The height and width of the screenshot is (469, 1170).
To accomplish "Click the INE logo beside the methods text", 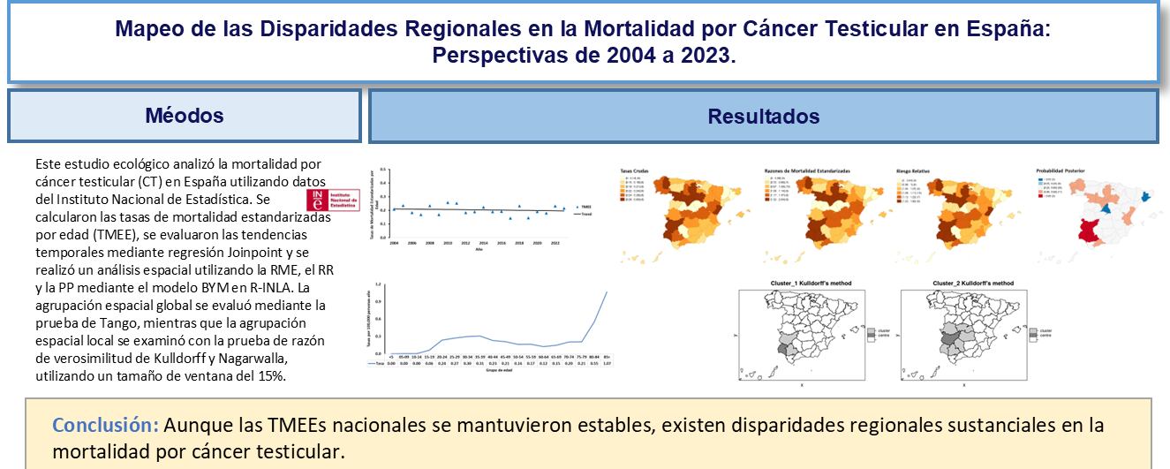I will pyautogui.click(x=328, y=200).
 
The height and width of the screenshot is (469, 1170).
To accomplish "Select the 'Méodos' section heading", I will pyautogui.click(x=185, y=116).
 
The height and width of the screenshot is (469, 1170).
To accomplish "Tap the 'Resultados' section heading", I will pyautogui.click(x=763, y=116).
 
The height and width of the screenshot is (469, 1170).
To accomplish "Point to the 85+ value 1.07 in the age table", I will pyautogui.click(x=606, y=363).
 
